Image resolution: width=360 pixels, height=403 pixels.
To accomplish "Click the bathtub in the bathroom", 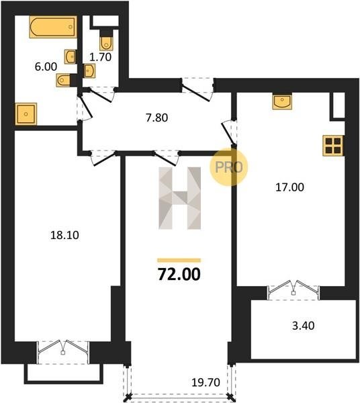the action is click(53, 27).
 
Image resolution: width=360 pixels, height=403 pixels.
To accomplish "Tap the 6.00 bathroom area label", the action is click(46, 66).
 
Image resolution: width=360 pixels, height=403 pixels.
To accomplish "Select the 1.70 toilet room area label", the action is click(101, 57).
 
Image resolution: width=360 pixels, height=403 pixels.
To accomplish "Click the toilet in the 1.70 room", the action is click(106, 43).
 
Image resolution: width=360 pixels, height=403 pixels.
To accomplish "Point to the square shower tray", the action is click(26, 114).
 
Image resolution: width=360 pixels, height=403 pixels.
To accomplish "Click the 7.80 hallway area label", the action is click(156, 118).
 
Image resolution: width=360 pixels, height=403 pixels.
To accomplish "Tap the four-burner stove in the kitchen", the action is click(333, 146).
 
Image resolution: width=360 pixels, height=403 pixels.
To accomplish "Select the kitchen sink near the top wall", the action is click(282, 102).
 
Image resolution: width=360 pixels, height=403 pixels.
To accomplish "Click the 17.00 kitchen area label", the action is click(289, 187).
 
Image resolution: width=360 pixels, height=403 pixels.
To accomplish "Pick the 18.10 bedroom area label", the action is click(64, 235).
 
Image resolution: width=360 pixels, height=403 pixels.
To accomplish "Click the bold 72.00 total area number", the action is click(179, 274).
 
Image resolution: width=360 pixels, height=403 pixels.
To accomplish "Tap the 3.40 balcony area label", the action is click(303, 326).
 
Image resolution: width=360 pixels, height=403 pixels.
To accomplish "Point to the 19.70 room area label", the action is click(206, 382).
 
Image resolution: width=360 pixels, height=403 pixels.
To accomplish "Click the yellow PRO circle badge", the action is click(228, 167).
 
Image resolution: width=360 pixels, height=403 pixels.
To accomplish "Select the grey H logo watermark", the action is click(180, 198).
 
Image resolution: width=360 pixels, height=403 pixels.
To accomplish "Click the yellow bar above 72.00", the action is click(179, 261).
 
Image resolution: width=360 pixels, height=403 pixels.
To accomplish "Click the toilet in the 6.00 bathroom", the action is click(63, 80).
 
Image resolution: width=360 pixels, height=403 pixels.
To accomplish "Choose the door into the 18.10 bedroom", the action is click(103, 158).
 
